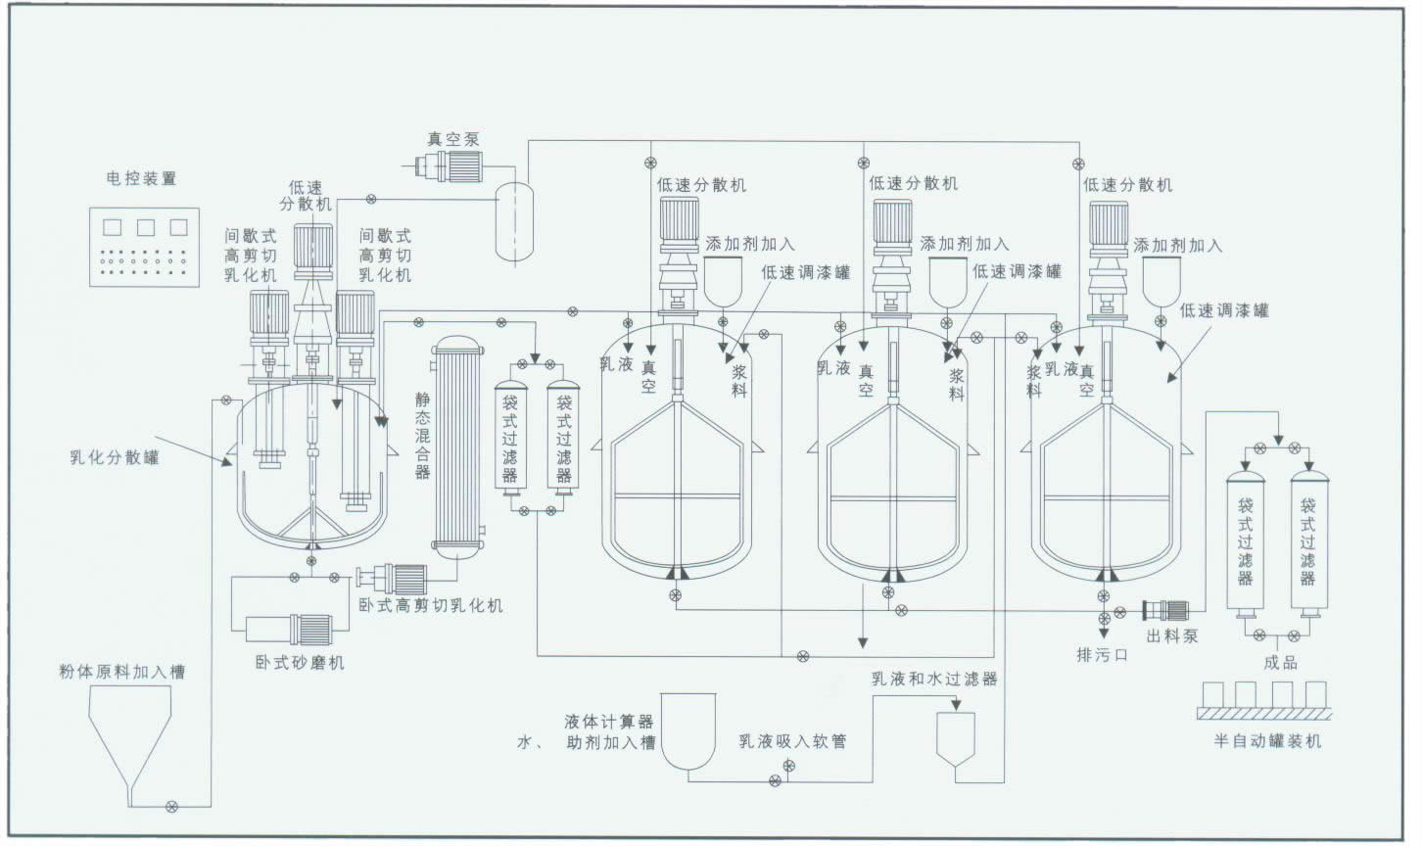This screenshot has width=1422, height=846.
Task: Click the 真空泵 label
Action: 453,140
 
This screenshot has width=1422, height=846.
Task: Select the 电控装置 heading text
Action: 142,179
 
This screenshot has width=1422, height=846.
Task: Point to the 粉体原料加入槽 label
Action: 121,672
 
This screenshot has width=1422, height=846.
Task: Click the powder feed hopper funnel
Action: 132,729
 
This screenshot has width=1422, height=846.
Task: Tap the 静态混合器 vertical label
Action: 422,436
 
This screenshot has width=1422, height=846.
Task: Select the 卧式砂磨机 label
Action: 294,662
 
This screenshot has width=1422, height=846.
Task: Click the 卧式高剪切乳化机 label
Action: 431,605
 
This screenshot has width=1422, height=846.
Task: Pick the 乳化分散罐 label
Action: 115,457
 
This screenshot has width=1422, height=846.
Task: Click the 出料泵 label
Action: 1171,635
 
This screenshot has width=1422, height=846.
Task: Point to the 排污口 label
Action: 1103,654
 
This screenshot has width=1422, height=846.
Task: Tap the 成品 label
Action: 1280,662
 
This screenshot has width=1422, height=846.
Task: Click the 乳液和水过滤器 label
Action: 934,678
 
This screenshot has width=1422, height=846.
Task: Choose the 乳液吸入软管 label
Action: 793,741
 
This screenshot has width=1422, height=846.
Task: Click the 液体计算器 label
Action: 609,722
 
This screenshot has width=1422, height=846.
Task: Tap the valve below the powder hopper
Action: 172,805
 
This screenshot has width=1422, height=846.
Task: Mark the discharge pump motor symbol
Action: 1164,611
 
